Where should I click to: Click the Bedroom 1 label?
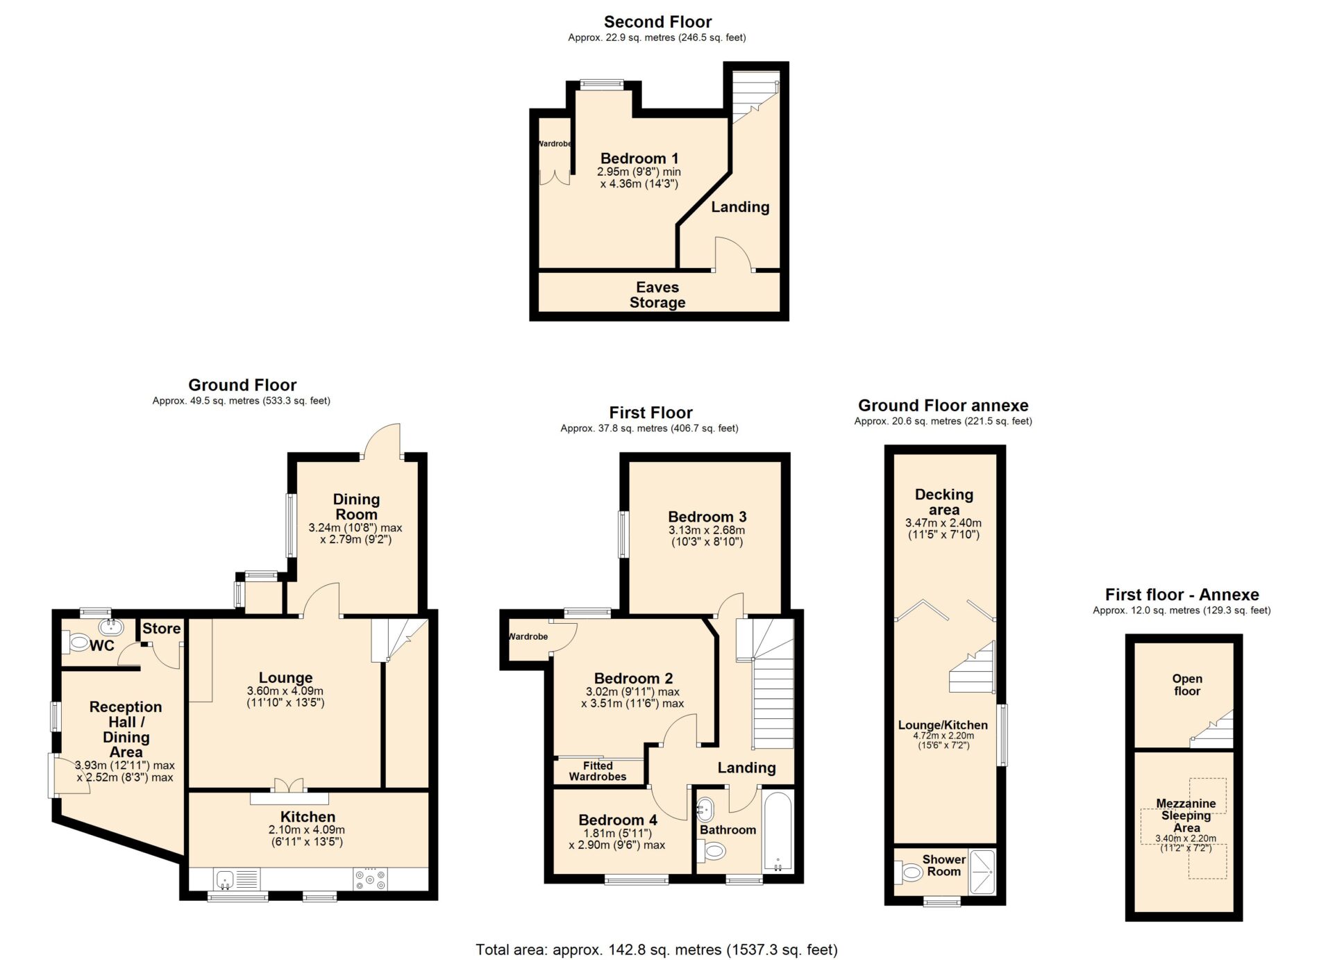pos(639,158)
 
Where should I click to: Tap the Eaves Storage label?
pos(657,295)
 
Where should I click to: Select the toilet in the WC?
pos(76,642)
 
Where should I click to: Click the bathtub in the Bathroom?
pos(778,831)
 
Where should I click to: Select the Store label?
pos(162,628)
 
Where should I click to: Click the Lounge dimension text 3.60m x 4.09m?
pos(285,691)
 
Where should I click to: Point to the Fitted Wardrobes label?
pos(598,771)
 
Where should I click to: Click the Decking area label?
pos(944,502)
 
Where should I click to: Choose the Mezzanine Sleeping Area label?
pos(1186,816)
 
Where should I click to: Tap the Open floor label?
pos(1187,685)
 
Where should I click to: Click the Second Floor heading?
pos(657,22)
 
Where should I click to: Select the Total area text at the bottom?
pos(657,950)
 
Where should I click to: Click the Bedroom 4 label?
pos(618,820)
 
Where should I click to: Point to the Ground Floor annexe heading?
pos(943,405)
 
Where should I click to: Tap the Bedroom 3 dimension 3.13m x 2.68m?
pos(707,530)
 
